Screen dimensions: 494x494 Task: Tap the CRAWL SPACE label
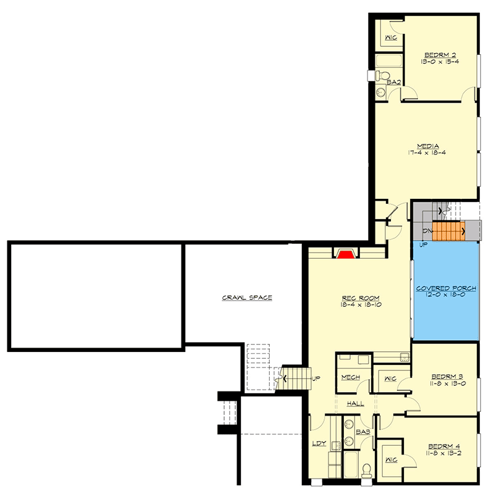(247, 298)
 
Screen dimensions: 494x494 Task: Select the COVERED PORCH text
(445, 288)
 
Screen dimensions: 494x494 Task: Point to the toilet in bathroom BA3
(367, 469)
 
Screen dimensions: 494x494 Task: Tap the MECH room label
(351, 378)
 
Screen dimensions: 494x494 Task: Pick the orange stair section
(448, 232)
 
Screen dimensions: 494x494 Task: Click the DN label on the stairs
(427, 231)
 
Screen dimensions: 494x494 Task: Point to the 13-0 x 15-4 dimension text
(440, 62)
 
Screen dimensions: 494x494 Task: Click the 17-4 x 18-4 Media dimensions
(427, 152)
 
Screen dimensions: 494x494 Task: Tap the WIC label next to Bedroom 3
(390, 379)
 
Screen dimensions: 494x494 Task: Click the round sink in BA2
(380, 93)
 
